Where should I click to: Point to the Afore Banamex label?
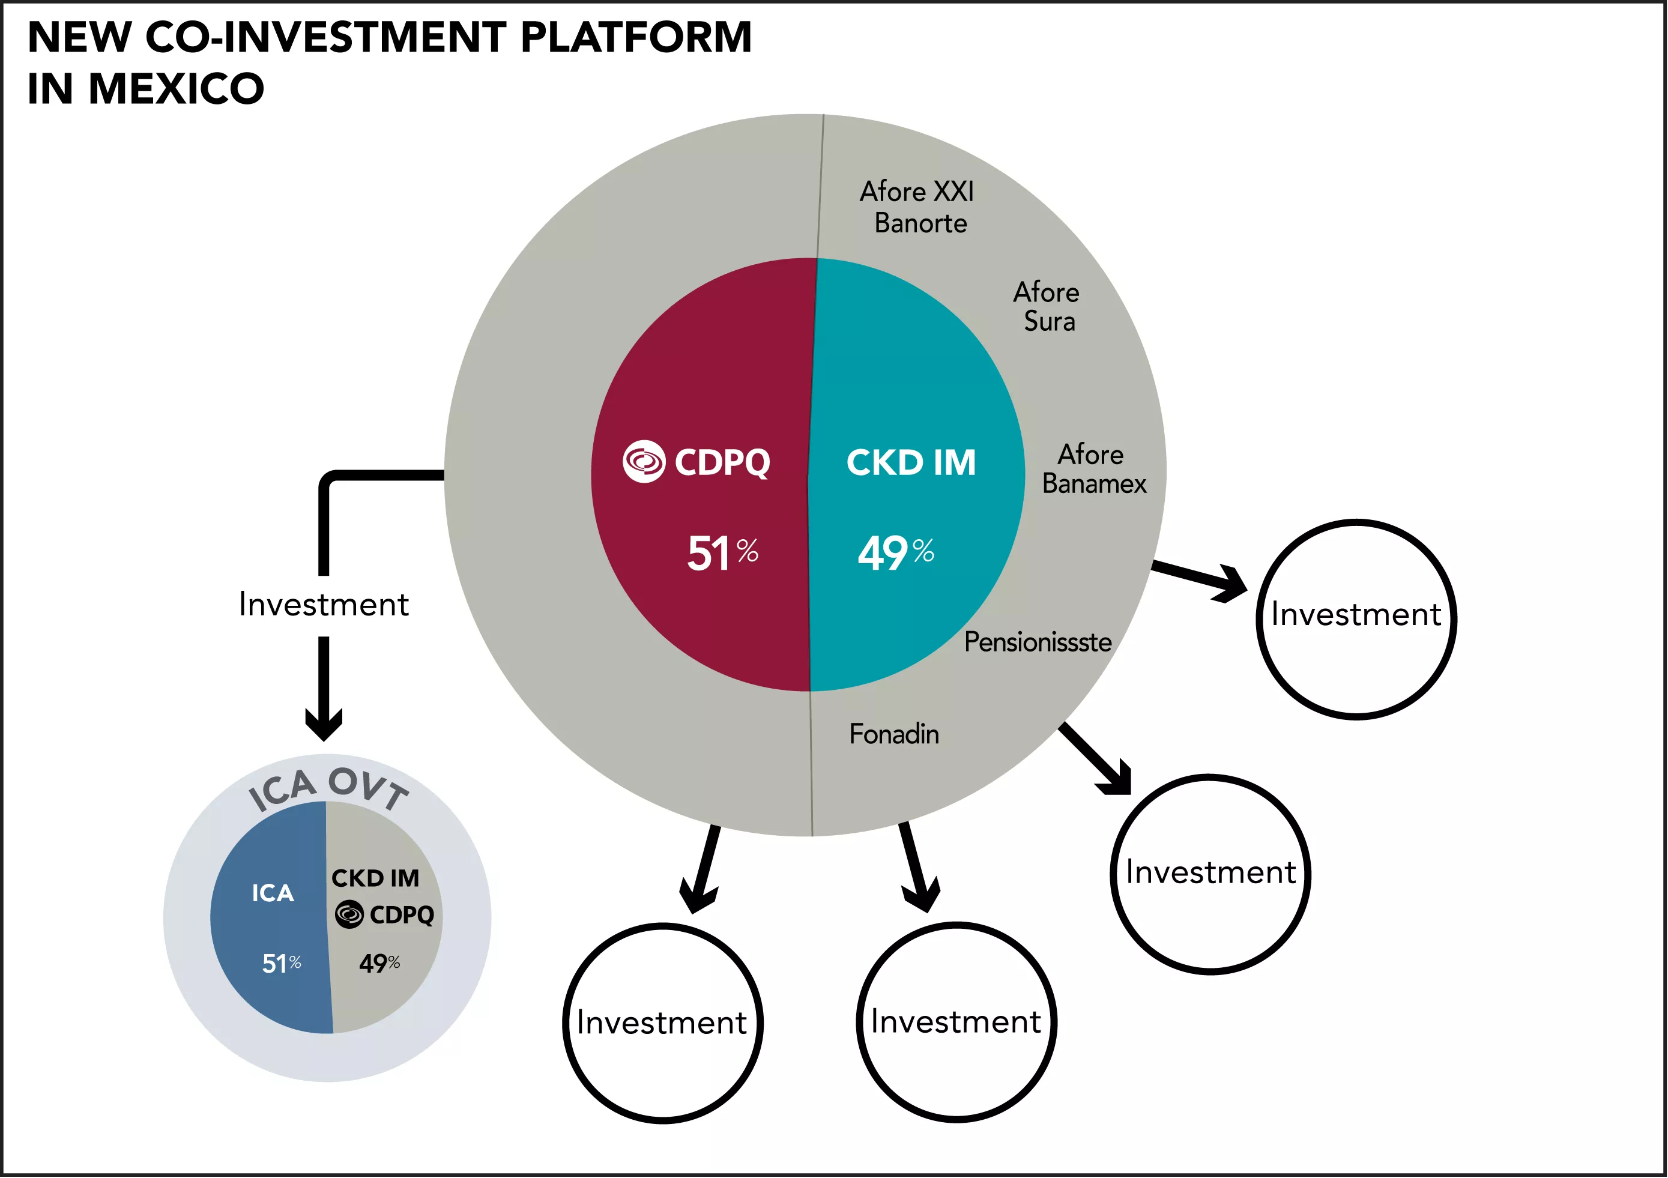pyautogui.click(x=1093, y=469)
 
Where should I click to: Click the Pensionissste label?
pyautogui.click(x=1038, y=642)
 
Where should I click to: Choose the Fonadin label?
pyautogui.click(x=893, y=734)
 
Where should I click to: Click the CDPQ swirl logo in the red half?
pyautogui.click(x=644, y=461)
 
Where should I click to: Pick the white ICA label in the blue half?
pyautogui.click(x=273, y=893)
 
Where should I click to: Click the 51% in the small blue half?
pyautogui.click(x=281, y=964)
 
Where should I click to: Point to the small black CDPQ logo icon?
pyautogui.click(x=349, y=914)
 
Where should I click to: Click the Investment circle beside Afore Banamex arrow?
pyautogui.click(x=1356, y=619)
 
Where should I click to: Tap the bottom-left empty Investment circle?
pyautogui.click(x=662, y=1023)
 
